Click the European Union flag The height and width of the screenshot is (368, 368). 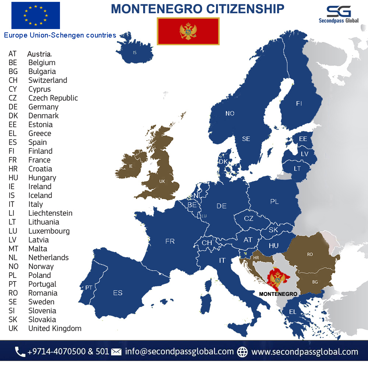point(36,15)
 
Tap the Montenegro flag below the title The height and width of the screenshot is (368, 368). point(188,31)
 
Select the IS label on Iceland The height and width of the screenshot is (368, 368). point(135,53)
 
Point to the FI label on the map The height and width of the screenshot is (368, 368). point(299,104)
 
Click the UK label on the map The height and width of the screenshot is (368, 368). point(162,181)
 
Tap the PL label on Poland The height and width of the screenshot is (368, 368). point(275,202)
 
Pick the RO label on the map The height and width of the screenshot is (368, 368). point(310,254)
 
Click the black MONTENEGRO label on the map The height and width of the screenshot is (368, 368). point(278,294)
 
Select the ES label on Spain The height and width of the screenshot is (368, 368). point(118,293)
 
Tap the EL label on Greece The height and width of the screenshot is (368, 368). point(293,312)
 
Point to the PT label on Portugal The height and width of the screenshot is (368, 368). point(89,287)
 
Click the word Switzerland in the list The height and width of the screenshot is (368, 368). point(48,80)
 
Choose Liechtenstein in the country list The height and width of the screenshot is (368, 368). point(50,213)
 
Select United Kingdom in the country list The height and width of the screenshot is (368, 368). point(55,328)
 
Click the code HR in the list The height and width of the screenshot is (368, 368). point(13,169)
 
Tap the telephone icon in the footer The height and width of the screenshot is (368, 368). point(20,352)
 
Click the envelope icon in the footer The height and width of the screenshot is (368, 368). point(116,352)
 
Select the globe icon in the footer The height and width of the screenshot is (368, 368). point(243,352)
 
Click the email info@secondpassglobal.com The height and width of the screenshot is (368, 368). point(179,351)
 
